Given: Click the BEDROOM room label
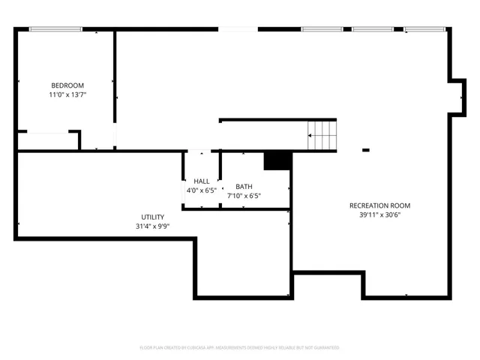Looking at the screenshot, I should coord(67,85).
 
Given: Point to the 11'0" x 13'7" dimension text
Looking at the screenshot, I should coord(67,95).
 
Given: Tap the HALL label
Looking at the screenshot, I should coord(202,181).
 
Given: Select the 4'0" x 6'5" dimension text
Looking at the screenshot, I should coord(202,190).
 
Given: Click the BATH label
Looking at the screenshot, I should coord(244,187).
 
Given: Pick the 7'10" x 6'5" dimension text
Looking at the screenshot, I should coord(244,196).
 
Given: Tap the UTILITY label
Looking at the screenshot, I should coord(153,217).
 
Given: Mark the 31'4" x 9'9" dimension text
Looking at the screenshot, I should coord(153,226).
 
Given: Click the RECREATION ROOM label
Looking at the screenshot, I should coord(379,205).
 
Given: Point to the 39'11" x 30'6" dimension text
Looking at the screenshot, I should coord(379,215).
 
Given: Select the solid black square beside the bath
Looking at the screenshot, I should coord(276,160).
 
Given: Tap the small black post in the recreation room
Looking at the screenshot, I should coord(366,150).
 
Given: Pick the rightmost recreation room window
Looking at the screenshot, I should coord(425,29).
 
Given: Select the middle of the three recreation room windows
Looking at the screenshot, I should coord(373,29).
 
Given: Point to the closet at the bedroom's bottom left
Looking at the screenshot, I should coord(46,142).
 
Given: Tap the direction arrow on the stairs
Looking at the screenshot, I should coord(310,136).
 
